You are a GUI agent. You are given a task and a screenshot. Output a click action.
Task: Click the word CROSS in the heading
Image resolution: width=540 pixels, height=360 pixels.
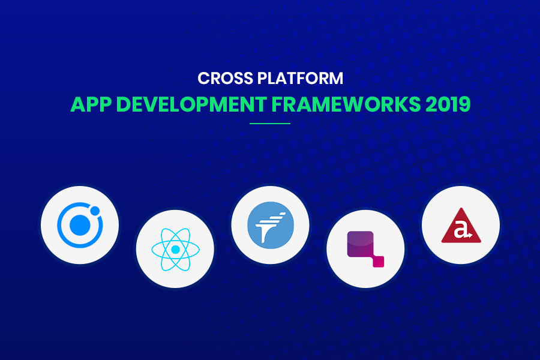pyautogui.click(x=225, y=78)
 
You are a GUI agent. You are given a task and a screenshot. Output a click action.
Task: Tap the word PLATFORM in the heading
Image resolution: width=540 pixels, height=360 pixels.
pyautogui.click(x=301, y=78)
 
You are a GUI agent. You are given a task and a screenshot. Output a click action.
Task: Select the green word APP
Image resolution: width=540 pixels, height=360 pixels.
pyautogui.click(x=91, y=104)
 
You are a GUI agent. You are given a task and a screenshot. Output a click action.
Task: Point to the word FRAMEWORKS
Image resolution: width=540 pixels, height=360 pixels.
pyautogui.click(x=346, y=104)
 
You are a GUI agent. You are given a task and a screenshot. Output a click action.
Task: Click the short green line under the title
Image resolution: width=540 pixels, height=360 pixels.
pyautogui.click(x=270, y=124)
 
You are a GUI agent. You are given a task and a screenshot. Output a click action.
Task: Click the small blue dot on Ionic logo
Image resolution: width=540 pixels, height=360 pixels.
pyautogui.click(x=95, y=211)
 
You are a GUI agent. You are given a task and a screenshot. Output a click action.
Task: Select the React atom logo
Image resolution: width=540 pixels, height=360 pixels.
pyautogui.click(x=175, y=250)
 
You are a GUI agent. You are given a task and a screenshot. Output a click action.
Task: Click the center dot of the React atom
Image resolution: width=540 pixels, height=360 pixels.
pyautogui.click(x=175, y=250)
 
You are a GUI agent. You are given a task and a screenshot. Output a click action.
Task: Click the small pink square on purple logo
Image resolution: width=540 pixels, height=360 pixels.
pyautogui.click(x=379, y=262)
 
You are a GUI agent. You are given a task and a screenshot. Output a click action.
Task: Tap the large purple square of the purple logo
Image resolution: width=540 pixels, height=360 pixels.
pyautogui.click(x=360, y=244)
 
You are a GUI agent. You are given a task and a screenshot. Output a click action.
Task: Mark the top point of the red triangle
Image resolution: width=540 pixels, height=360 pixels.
pyautogui.click(x=461, y=208)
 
